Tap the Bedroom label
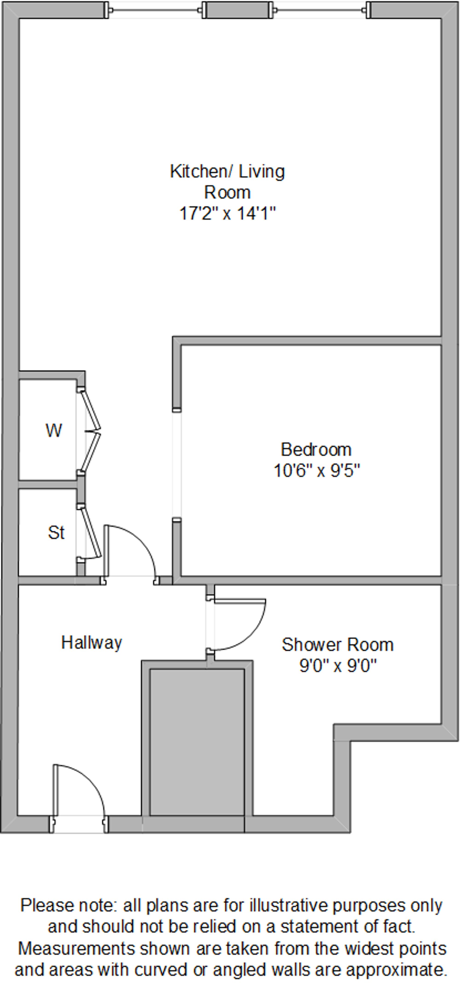pos(316,450)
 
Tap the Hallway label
pos(92,642)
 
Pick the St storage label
pos(56,533)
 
